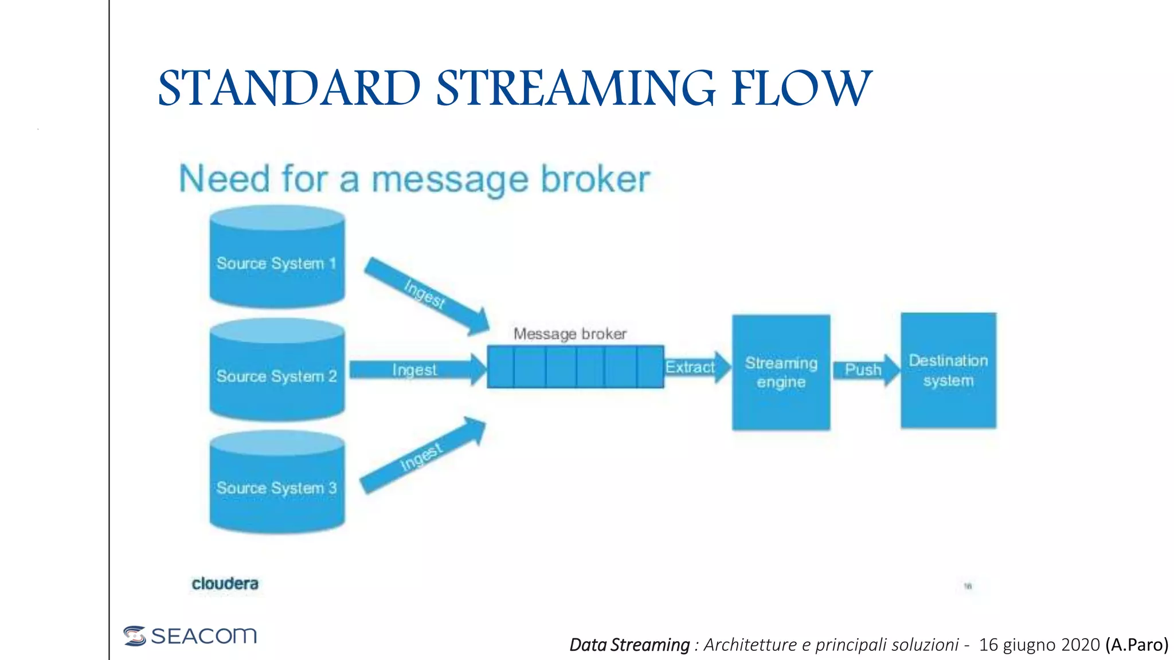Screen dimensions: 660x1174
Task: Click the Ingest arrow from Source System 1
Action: coord(426,295)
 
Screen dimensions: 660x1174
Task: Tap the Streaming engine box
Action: coord(781,372)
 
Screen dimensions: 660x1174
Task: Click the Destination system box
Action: coord(948,370)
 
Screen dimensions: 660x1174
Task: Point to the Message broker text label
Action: coord(570,333)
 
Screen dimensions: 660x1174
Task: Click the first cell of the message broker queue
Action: coord(500,367)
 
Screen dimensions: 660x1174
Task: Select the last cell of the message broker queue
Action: coord(650,367)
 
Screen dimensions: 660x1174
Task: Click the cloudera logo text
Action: coord(225,584)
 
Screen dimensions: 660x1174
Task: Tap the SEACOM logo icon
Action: coord(135,635)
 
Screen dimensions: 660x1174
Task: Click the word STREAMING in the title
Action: coord(576,88)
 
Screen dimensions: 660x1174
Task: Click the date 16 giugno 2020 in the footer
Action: coord(1039,645)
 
